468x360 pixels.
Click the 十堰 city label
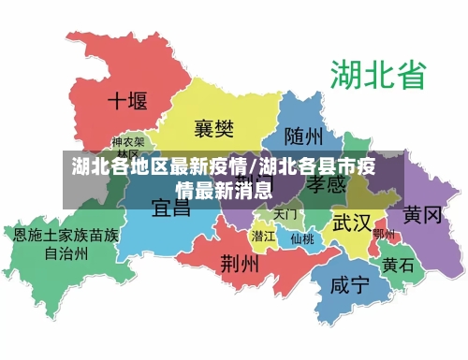128,101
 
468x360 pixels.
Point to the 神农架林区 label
129,148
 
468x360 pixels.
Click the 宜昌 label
171,207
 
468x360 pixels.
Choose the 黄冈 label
422,215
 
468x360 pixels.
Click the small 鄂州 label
384,234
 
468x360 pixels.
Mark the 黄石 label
399,265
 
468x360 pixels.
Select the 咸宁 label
350,286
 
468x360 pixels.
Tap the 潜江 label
264,236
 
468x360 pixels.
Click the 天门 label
285,214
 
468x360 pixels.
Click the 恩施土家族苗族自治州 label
66,244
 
